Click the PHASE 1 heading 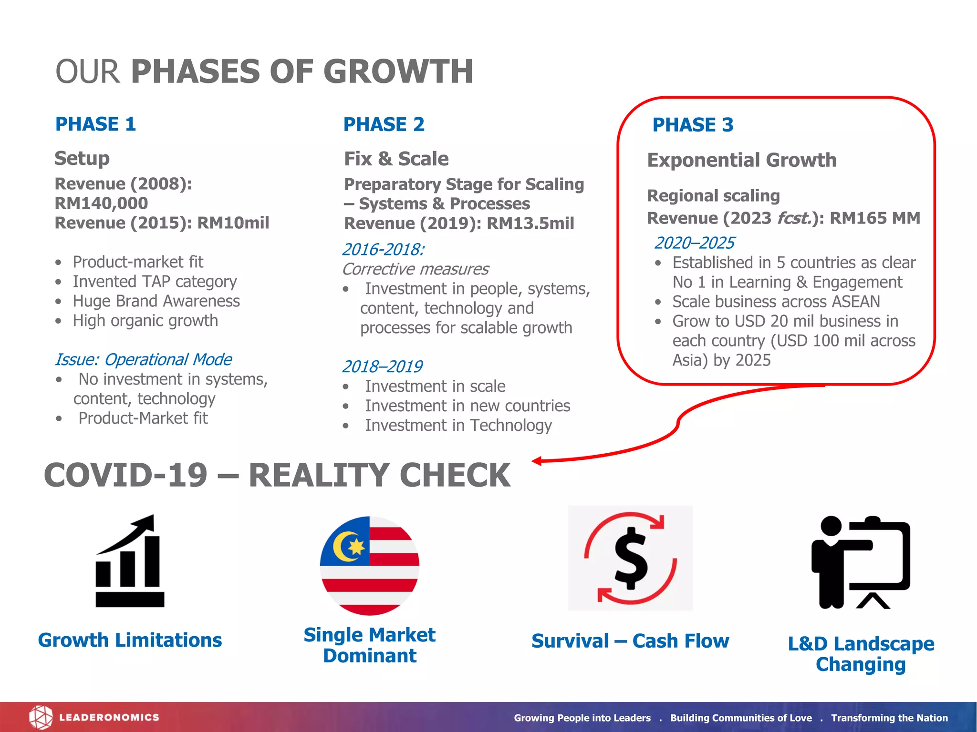(95, 124)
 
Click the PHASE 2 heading (384, 125)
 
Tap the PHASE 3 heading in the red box (693, 125)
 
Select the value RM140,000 (101, 203)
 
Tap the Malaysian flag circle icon (370, 565)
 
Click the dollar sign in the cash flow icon (630, 558)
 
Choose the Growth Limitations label (130, 640)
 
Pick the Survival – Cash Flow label (630, 641)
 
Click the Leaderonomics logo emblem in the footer (41, 717)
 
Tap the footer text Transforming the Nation (889, 718)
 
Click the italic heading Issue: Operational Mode (143, 359)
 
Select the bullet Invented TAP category (155, 282)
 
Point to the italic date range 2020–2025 (694, 243)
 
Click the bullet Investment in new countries (468, 406)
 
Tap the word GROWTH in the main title (398, 71)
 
